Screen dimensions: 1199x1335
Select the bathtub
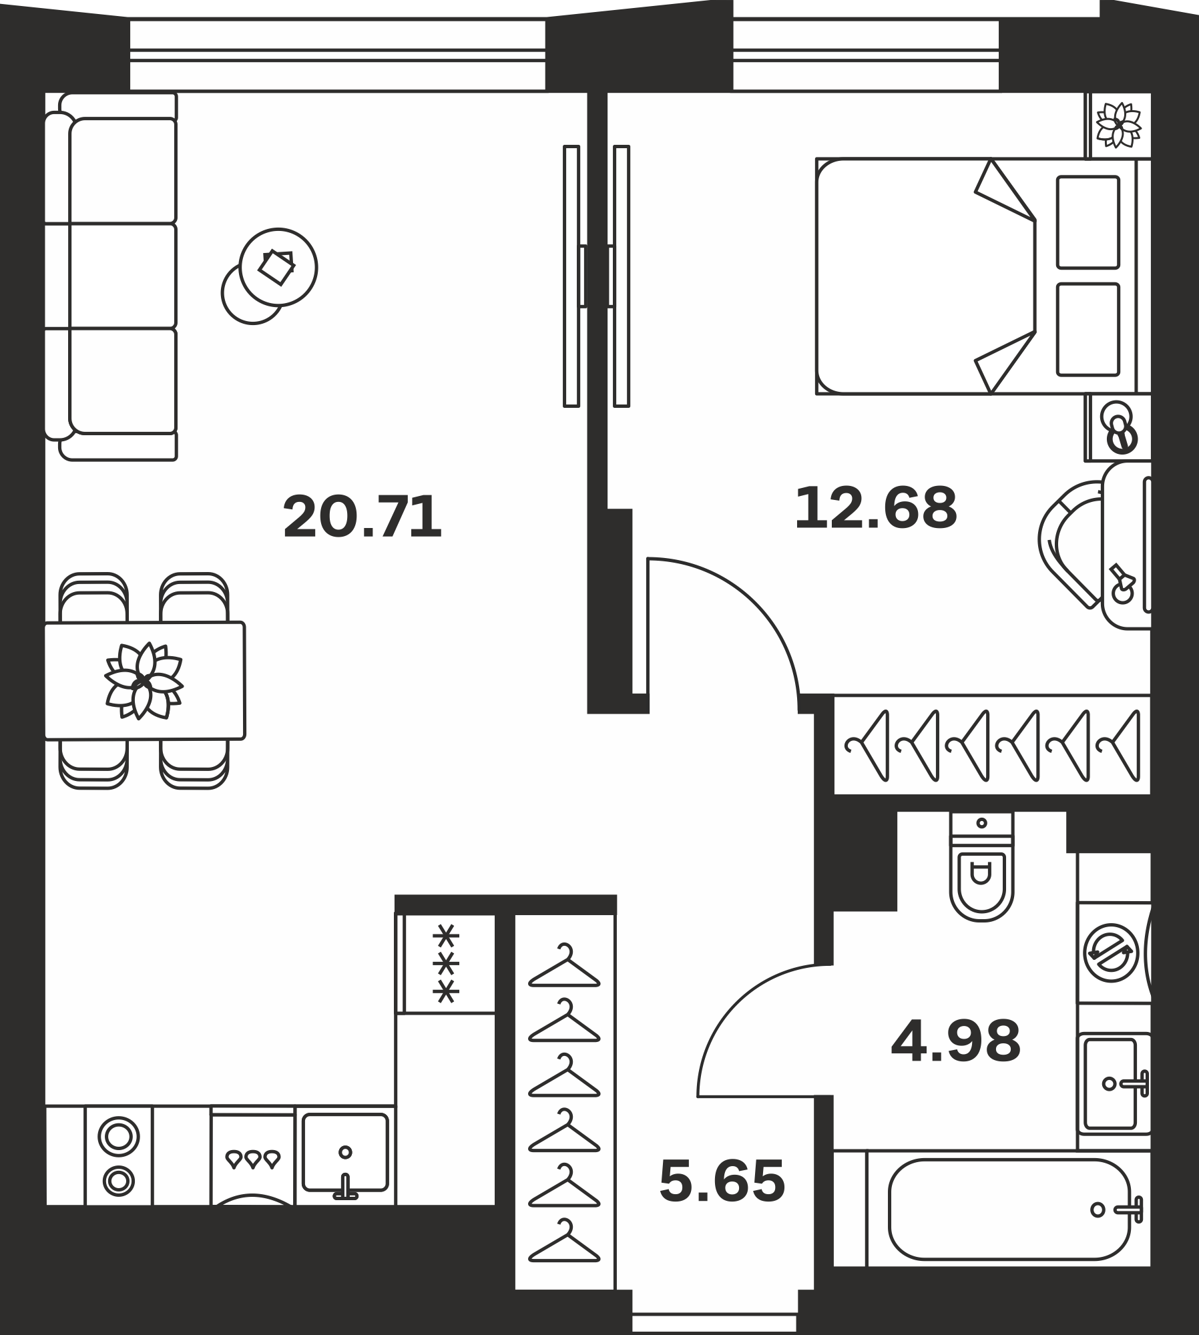tap(1008, 1209)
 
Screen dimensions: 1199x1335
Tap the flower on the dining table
tap(144, 681)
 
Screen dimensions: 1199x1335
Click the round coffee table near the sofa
tap(278, 267)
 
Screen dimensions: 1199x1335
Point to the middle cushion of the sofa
tap(123, 276)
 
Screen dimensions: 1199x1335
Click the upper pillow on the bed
tap(1088, 222)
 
